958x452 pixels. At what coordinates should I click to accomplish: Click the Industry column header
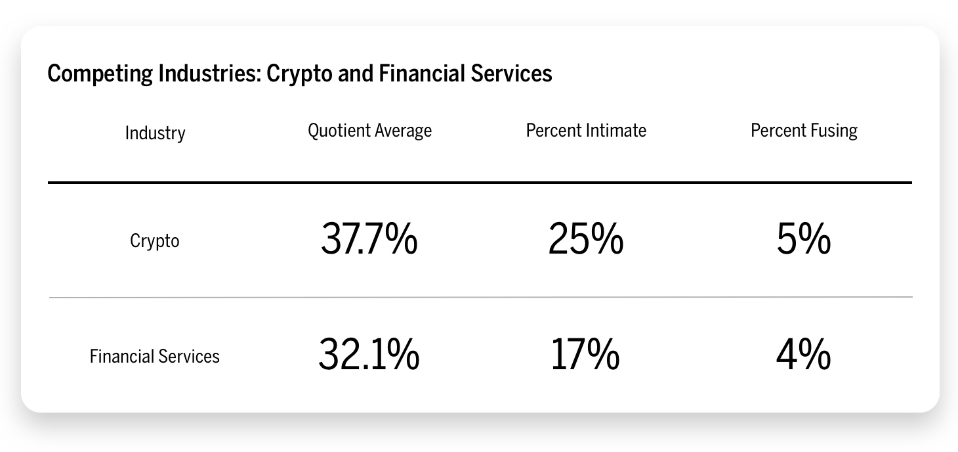(155, 133)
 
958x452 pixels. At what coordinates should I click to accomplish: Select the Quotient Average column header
(369, 131)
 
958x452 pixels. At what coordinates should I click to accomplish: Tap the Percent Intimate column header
(586, 131)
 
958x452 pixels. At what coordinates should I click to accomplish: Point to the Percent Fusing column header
(804, 131)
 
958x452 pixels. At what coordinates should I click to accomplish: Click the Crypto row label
(155, 242)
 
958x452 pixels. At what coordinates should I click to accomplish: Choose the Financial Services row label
(155, 357)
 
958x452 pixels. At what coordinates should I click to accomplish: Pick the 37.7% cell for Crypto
(369, 240)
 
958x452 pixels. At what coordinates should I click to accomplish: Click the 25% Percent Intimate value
(585, 240)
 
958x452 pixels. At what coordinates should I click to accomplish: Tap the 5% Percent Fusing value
(804, 240)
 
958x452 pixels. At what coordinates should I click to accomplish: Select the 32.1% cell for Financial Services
(369, 355)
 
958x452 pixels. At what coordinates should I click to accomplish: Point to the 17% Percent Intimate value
(585, 355)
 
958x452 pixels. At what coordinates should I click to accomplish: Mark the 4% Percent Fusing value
(804, 355)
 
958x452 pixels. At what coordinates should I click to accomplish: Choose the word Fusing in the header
(834, 131)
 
